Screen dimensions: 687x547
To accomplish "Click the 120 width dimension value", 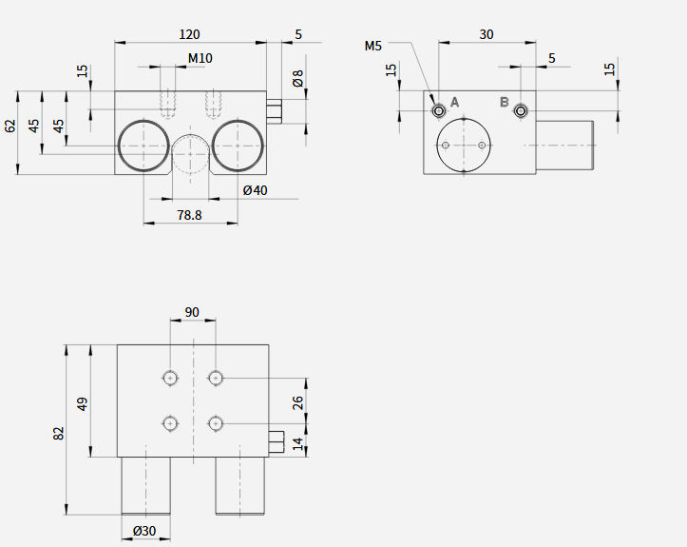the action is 189,34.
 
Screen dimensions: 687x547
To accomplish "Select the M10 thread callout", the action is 200,58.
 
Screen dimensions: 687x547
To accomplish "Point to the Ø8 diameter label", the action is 298,78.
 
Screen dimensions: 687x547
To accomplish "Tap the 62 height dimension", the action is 10,126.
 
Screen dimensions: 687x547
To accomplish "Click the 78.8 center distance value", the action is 189,215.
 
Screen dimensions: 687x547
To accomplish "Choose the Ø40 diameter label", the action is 255,190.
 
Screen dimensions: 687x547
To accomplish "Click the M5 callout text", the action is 373,46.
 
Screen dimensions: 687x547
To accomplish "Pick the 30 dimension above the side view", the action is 487,34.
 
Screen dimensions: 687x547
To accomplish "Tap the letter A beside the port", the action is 454,102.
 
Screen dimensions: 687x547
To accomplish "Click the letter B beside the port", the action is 505,102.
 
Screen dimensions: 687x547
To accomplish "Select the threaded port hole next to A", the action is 439,110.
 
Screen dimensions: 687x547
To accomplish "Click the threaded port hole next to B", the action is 521,110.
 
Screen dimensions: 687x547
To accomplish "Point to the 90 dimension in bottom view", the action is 192,312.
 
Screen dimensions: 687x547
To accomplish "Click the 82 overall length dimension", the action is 59,434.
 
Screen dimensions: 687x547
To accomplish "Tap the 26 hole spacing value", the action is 298,402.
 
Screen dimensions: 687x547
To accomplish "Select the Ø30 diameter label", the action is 144,531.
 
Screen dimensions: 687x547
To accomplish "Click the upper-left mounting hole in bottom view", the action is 170,378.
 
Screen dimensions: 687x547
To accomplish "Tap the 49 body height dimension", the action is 83,404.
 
